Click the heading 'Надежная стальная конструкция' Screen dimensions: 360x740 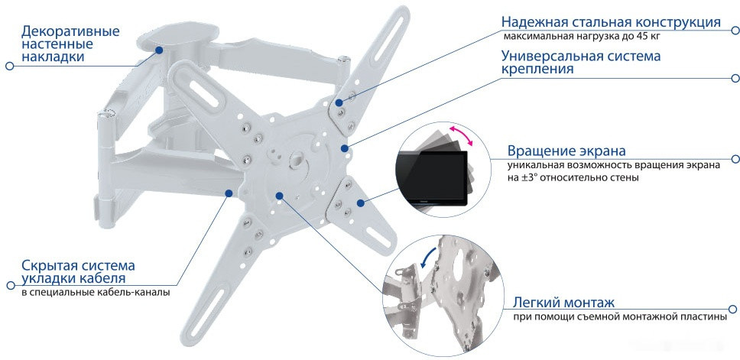pyautogui.click(x=610, y=22)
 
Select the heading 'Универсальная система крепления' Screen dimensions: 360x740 pyautogui.click(x=581, y=63)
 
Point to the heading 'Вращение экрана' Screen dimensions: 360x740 pyautogui.click(x=566, y=151)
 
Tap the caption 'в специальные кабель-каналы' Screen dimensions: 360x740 pyautogui.click(x=96, y=292)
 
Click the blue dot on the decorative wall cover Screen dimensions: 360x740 pyautogui.click(x=159, y=50)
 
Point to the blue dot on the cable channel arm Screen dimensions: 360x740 pyautogui.click(x=228, y=194)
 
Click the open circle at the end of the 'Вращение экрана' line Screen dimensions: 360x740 pyautogui.click(x=735, y=160)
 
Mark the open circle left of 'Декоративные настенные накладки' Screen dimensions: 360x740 pyautogui.click(x=9, y=66)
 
